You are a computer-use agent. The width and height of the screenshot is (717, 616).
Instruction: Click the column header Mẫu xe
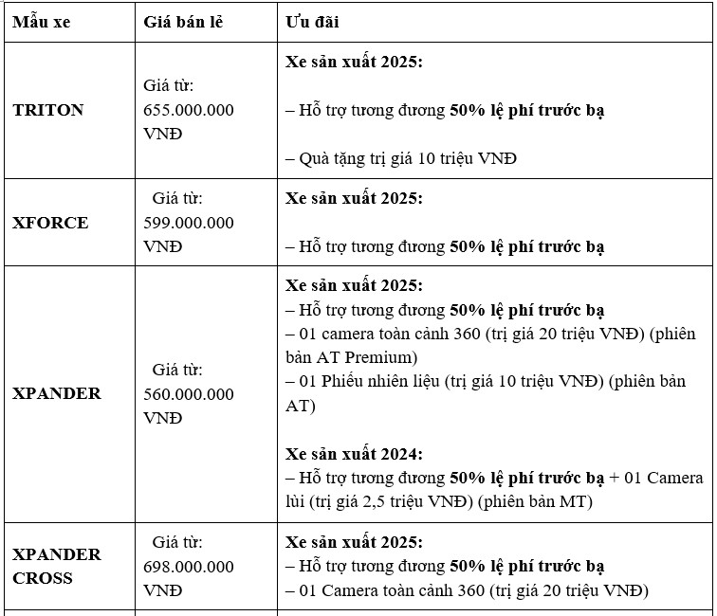[x=41, y=22]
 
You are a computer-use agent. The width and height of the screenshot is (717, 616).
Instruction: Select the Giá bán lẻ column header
[x=183, y=22]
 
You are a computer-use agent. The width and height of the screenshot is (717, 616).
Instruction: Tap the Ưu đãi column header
[x=313, y=22]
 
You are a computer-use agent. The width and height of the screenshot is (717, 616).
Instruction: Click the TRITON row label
[x=48, y=110]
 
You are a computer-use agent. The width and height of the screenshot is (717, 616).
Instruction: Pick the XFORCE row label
[x=50, y=223]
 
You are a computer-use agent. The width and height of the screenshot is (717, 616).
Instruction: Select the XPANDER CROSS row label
[x=56, y=566]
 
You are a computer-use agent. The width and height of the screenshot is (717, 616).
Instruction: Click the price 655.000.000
[x=189, y=110]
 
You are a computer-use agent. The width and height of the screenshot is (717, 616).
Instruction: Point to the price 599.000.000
[x=189, y=223]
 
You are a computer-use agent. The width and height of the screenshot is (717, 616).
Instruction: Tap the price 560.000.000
[x=189, y=393]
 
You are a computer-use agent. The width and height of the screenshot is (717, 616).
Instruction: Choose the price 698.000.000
[x=189, y=567]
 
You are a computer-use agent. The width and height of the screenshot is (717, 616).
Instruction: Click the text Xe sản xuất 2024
[x=354, y=453]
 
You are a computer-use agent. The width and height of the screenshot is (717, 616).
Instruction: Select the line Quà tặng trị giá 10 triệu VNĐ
[x=401, y=158]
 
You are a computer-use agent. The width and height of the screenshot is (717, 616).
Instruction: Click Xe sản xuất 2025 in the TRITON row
[x=354, y=62]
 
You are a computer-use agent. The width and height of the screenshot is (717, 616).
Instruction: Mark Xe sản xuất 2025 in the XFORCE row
[x=354, y=198]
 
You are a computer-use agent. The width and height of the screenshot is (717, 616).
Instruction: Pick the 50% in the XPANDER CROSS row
[x=468, y=567]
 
